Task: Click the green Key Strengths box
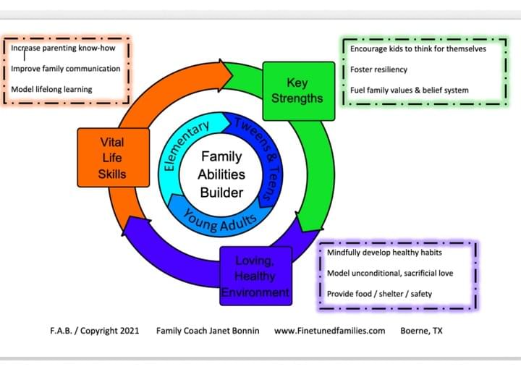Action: [x=298, y=90]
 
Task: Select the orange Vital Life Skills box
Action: [x=112, y=157]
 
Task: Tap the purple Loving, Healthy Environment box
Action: [x=254, y=276]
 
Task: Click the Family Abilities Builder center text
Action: [x=222, y=174]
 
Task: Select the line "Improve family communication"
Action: [x=65, y=69]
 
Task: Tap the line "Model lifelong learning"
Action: [x=51, y=90]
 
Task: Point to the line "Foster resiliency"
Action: [x=378, y=69]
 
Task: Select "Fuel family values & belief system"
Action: [x=409, y=90]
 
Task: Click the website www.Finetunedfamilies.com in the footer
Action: [x=329, y=331]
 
